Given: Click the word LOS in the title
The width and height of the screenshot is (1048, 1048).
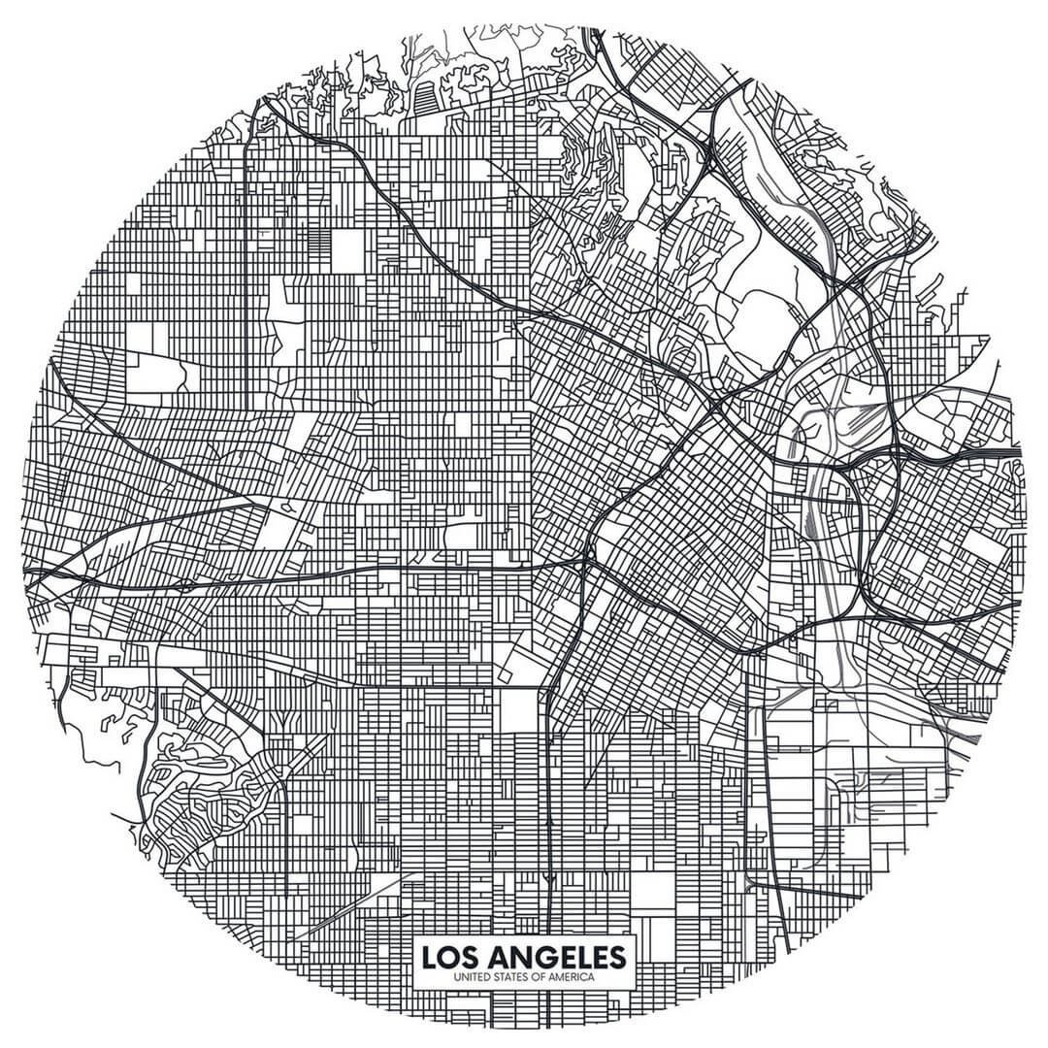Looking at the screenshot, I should [x=450, y=957].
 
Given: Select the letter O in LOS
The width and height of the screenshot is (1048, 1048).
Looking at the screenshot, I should [x=449, y=957].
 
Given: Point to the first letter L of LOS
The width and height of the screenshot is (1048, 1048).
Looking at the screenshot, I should [x=429, y=957].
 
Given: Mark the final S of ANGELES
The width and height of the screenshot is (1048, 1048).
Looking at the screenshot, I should [x=617, y=957].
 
